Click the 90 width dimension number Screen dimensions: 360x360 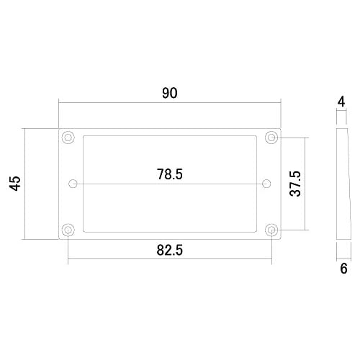click(169, 93)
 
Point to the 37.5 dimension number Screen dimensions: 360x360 click(294, 184)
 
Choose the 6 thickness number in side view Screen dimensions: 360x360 click(343, 269)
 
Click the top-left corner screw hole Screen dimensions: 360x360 click(68, 137)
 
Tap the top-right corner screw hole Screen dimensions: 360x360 click(271, 137)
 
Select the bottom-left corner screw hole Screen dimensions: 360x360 click(68, 230)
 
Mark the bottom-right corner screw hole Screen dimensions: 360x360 click(271, 230)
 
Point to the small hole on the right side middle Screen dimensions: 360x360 click(266, 183)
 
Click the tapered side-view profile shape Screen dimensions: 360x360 click(343, 184)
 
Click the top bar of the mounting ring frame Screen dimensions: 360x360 click(169, 131)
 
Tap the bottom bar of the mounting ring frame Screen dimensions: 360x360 click(169, 235)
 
